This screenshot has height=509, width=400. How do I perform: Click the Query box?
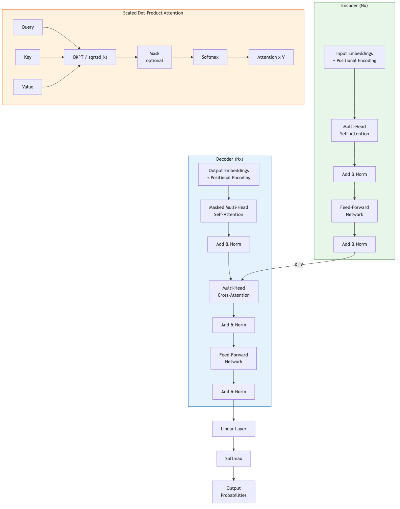coord(28,27)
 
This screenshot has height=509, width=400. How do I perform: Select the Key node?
coord(28,57)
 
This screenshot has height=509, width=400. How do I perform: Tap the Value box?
coord(28,87)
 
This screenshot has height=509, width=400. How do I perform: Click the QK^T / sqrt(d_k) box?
coord(90,57)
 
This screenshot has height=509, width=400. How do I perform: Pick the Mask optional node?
coord(154,57)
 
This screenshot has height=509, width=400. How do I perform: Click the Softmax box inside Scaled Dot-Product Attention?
coord(210,57)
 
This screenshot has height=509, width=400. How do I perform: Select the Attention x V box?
coord(271,57)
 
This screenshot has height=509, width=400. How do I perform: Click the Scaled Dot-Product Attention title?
coord(153,13)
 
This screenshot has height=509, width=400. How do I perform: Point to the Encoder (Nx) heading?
coord(354,6)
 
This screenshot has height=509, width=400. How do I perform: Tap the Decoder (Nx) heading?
coord(229,159)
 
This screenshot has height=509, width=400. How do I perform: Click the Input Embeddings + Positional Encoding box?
coord(354,57)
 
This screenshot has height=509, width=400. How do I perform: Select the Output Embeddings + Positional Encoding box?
coord(228,174)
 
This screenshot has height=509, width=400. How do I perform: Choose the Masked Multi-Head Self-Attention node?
coord(228,211)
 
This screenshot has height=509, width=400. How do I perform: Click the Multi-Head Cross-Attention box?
coord(233,292)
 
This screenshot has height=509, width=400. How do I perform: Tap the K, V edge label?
coord(299,265)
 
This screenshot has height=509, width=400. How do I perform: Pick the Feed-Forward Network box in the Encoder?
coord(354,211)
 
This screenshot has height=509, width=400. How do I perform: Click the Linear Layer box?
coord(233,429)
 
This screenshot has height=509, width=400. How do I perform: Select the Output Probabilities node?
coord(233,492)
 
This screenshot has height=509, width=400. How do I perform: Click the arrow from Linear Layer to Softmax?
coord(233,444)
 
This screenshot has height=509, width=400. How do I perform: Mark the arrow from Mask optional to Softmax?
coord(182,57)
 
